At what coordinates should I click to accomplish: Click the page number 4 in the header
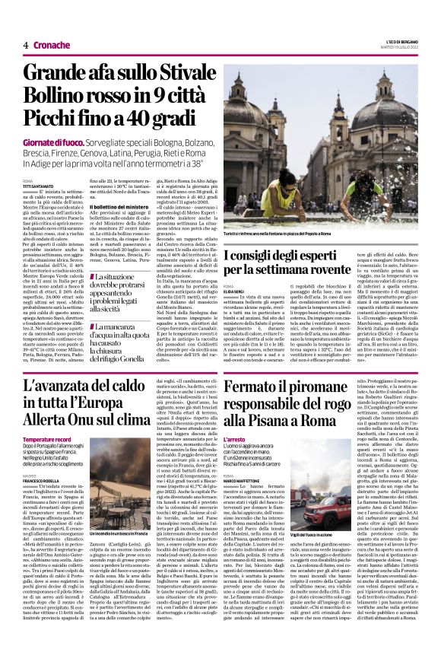(x=25, y=45)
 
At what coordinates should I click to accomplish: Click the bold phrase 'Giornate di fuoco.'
(x=50, y=142)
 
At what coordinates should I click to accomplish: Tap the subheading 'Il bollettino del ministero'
(x=122, y=208)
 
